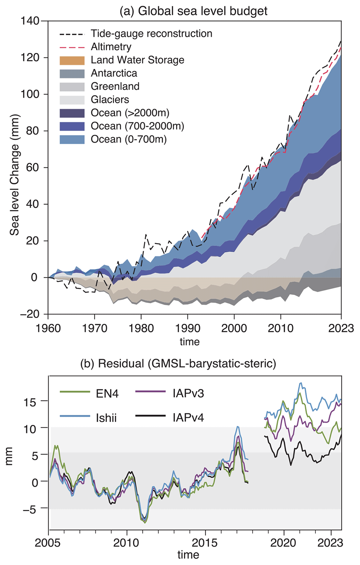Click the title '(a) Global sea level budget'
tap(193, 11)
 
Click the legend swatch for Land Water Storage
tap(72, 60)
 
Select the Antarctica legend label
tap(114, 73)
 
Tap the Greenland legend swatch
tap(72, 87)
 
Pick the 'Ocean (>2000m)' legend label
tap(130, 113)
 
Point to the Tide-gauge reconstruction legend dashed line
tap(72, 34)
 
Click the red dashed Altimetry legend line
tap(72, 47)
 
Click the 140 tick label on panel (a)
tap(30, 21)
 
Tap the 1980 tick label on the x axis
tap(141, 328)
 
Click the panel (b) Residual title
tap(178, 364)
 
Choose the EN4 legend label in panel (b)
tap(107, 394)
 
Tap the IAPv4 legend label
tap(188, 417)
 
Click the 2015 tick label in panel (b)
tap(205, 543)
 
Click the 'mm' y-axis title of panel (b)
tap(9, 456)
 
